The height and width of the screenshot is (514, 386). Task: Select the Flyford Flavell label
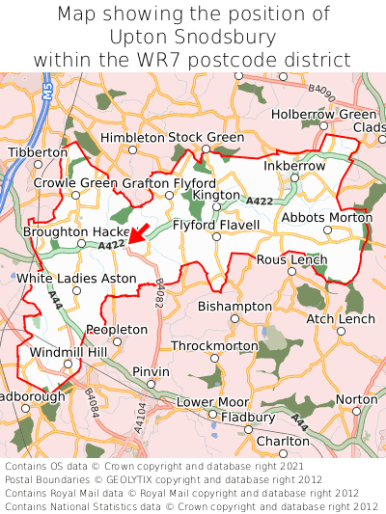tap(216, 226)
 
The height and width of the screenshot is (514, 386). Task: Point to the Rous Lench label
tap(291, 260)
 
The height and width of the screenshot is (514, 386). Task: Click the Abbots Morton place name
tap(326, 217)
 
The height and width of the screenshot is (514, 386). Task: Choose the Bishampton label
tap(234, 306)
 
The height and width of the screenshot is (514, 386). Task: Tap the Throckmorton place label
tap(214, 345)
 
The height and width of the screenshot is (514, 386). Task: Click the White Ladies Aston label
tap(77, 278)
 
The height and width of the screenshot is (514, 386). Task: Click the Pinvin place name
tap(151, 371)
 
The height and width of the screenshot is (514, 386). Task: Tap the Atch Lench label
tap(340, 318)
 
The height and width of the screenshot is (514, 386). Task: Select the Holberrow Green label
tap(323, 115)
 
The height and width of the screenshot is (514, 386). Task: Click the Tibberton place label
tap(38, 152)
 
